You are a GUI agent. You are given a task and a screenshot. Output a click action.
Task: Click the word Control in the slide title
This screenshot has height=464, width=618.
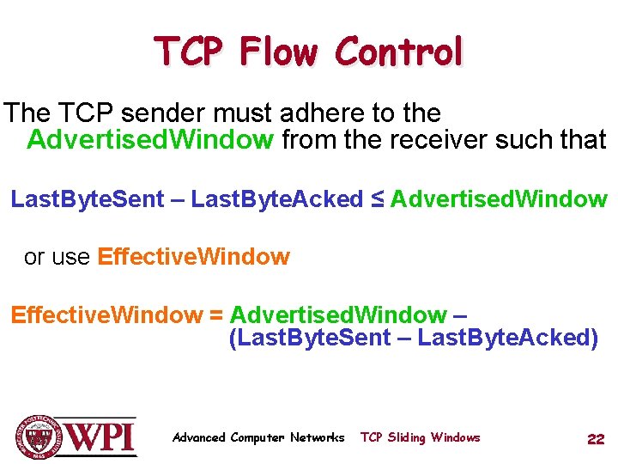398,52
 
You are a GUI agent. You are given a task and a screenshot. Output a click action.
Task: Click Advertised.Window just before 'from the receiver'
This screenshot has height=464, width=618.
150,139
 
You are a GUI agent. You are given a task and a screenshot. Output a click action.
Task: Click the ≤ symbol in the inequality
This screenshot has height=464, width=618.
377,199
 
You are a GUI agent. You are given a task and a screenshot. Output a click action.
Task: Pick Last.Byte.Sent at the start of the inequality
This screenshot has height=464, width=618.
87,199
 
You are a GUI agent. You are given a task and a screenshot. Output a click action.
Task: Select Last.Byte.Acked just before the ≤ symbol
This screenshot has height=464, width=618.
277,199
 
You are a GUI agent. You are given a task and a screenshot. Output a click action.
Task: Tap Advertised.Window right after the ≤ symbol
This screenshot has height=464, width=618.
499,199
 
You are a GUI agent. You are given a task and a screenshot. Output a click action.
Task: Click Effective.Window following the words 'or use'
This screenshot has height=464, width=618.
194,257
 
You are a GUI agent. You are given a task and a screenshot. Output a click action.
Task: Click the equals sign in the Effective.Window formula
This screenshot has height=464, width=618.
216,315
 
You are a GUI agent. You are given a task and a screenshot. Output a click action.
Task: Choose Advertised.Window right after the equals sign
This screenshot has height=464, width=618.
338,315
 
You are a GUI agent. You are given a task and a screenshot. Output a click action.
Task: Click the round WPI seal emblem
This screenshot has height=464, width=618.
39,437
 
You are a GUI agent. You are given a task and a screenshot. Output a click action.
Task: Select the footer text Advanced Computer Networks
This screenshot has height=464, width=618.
258,437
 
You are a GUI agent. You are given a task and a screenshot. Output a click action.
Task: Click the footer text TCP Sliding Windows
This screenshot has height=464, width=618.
420,437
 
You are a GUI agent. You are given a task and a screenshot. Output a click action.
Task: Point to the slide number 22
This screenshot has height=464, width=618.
596,439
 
